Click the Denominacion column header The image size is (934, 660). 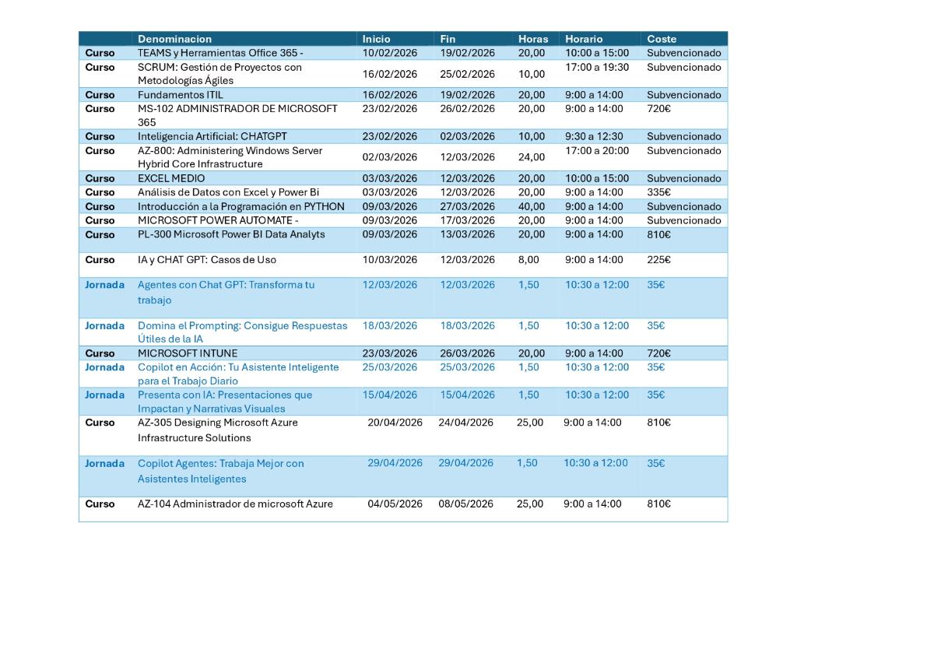coord(174,39)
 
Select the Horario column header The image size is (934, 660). coord(584,39)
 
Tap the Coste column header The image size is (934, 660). coord(662,39)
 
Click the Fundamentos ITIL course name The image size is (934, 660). coord(180,95)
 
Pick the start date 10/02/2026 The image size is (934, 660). coord(390,53)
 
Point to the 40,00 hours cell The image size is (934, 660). coord(532,206)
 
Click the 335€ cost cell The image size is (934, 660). coord(658,192)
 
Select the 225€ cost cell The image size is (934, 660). coord(658,260)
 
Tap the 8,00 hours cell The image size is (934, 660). coord(528,260)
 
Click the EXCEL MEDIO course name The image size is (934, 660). coord(171,178)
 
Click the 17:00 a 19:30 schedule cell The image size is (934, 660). coord(597,68)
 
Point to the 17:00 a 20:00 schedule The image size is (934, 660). coord(597,151)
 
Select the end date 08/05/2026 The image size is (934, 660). coord(465,504)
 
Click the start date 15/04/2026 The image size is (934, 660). coord(390,395)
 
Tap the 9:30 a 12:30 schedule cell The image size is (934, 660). coord(594,136)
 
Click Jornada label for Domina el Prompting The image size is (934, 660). coord(104,326)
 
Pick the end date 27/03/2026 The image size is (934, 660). coord(468,206)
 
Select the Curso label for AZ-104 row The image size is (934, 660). coord(100,504)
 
